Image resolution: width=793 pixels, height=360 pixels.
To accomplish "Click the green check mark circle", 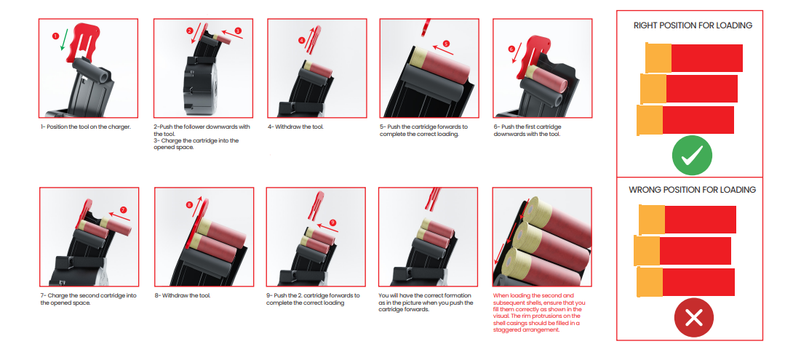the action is coord(692,156).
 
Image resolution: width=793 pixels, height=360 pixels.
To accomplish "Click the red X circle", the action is coord(694,318).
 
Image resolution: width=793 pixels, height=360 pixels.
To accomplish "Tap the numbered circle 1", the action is coord(55,36).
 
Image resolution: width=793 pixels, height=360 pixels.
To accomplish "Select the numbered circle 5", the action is coord(446,44).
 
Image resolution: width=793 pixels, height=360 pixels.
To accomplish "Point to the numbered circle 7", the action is coord(124,209).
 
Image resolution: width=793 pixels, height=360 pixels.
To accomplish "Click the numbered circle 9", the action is coord(332,223).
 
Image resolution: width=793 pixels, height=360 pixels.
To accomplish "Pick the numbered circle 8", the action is coord(190,205).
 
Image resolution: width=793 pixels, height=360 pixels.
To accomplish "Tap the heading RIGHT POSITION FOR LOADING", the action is coord(693,25).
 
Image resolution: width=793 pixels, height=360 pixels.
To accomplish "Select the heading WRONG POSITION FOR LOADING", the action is coord(693,190).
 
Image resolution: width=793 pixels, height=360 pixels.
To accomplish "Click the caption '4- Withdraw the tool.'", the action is coord(295,127).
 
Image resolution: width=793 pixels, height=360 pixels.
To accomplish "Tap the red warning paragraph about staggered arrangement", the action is coord(538,312).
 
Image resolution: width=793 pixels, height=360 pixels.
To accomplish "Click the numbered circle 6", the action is coord(511,49).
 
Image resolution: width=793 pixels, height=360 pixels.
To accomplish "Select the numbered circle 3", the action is coord(238,31).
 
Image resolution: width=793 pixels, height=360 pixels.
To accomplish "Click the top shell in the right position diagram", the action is coord(694,57).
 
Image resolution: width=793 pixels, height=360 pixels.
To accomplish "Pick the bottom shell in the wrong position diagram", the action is coord(685,282).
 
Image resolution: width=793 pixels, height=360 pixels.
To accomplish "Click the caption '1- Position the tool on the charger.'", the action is coord(85,127).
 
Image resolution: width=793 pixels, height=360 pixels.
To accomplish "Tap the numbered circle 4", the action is coord(301,39).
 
